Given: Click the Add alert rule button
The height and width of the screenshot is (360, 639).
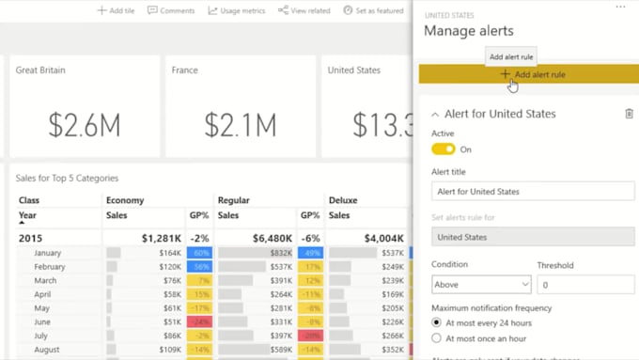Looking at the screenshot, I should tap(533, 74).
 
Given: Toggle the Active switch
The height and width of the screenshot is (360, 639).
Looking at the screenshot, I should tap(443, 149).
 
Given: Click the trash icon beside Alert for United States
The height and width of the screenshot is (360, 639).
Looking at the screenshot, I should tap(629, 114).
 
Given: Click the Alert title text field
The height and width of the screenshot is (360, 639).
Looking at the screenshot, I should tap(533, 192).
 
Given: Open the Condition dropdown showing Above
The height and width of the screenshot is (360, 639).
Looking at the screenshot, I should tap(481, 284).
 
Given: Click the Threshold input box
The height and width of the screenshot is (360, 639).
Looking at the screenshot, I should tap(584, 284).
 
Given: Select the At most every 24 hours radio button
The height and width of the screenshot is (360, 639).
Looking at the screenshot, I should tap(436, 323).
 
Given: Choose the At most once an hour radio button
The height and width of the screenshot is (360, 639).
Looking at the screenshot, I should tap(436, 338).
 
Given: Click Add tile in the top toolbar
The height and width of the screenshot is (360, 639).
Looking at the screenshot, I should tap(116, 10).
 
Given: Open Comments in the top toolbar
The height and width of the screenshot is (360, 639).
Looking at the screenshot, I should tap(171, 10).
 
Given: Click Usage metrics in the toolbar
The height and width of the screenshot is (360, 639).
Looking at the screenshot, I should tap(236, 10).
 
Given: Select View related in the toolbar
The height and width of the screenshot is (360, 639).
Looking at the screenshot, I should tap(304, 10).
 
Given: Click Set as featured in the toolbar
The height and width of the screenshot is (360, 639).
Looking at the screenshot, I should tap(373, 10).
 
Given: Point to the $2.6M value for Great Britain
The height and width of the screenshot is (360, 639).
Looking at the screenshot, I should tap(85, 124).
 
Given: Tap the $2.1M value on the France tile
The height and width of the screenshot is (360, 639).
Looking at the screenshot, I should tap(241, 124).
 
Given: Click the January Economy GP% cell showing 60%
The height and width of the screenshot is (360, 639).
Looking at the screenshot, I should tap(200, 253).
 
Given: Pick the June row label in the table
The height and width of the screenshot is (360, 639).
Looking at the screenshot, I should tap(43, 321).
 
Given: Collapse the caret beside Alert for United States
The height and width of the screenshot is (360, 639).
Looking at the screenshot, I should tap(435, 114).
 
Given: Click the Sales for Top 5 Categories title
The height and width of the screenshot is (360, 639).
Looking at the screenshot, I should tap(67, 178).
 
